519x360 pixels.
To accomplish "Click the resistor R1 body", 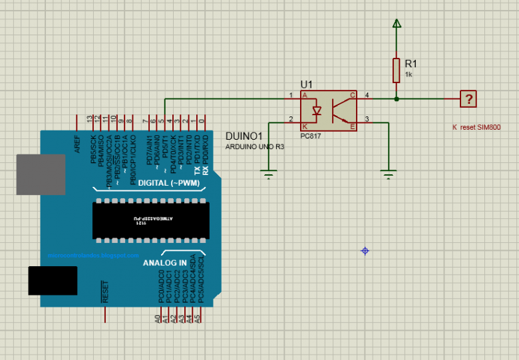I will pyautogui.click(x=397, y=69).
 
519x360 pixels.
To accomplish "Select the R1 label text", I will pyautogui.click(x=411, y=63).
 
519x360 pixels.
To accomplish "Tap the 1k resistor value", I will pyautogui.click(x=408, y=75).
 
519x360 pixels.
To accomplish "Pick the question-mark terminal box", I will pyautogui.click(x=469, y=99).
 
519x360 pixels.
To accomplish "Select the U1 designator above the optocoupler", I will pyautogui.click(x=306, y=85).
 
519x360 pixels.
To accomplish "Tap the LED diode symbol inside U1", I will pyautogui.click(x=318, y=110).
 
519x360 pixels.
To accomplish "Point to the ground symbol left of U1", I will pyautogui.click(x=269, y=174).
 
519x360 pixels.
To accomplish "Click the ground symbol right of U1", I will pyautogui.click(x=389, y=174).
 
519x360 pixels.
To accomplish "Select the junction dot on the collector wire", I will pyautogui.click(x=397, y=99).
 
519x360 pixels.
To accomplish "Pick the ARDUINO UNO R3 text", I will pyautogui.click(x=255, y=146).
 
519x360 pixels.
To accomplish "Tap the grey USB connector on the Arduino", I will pyautogui.click(x=41, y=174).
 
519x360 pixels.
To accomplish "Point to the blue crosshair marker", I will pyautogui.click(x=365, y=251).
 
